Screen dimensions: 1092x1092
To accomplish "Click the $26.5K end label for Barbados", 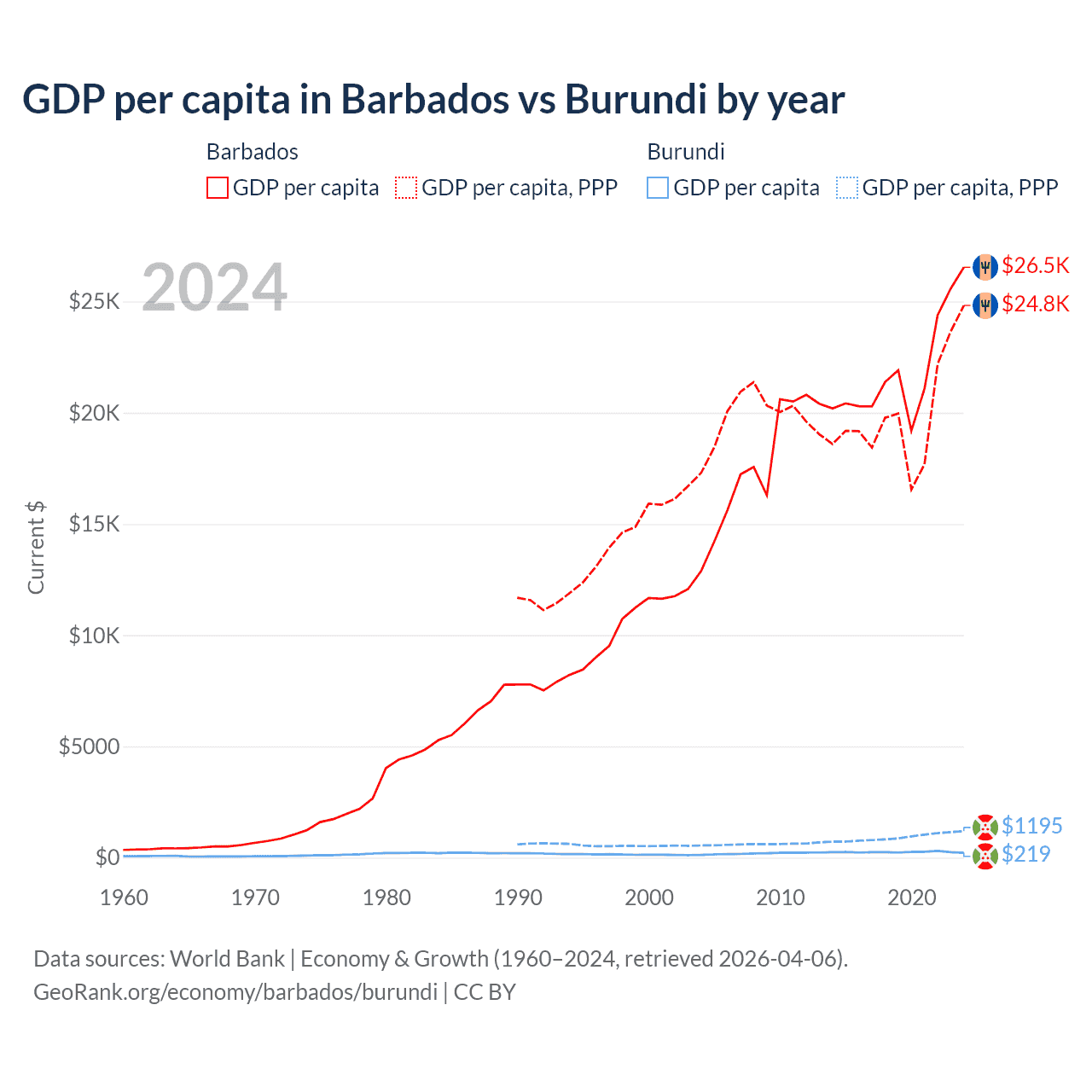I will click(1035, 265).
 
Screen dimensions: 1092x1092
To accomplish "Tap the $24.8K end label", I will click(1035, 304).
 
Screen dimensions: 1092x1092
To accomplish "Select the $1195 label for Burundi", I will click(1031, 826).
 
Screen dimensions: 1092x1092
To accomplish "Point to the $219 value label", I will click(1025, 854).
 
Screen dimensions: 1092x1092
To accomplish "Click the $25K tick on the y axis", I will click(94, 301).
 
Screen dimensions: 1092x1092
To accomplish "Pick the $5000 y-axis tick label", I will click(89, 746).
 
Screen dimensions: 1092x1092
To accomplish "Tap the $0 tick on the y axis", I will click(107, 857).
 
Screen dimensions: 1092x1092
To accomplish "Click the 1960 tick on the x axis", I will click(124, 897).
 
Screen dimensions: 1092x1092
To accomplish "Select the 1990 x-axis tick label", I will click(518, 897).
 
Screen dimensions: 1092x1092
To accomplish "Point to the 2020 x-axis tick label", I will click(912, 897).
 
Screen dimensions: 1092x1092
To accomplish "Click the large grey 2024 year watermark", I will click(214, 288).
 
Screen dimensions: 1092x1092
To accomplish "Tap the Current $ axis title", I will click(36, 548).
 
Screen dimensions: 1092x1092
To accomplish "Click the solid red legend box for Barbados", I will click(218, 188).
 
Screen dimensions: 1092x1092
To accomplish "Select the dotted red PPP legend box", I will click(406, 188).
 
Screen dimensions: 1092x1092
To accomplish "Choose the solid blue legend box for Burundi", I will click(658, 188).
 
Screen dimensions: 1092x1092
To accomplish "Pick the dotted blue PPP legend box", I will click(847, 188).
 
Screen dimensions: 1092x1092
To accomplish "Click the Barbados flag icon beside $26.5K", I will click(985, 266).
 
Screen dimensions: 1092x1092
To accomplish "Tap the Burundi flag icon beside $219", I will click(985, 856).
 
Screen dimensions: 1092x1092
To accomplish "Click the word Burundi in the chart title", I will click(636, 99).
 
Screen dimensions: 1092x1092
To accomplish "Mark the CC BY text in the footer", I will click(485, 992).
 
